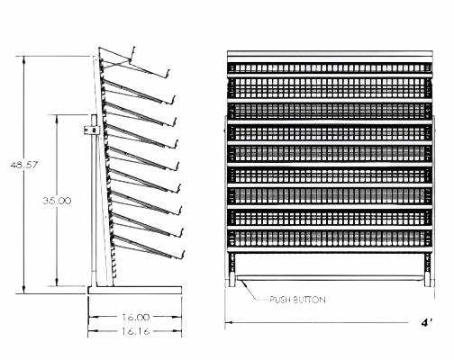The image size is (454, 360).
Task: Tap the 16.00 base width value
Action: point(135,317)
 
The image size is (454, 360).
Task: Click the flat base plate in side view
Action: point(135,290)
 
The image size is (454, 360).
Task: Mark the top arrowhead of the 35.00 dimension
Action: point(59,117)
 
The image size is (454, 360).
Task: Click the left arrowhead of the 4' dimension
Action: point(229,321)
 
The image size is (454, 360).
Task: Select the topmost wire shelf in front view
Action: point(327,66)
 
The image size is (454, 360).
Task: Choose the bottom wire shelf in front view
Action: point(327,239)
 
